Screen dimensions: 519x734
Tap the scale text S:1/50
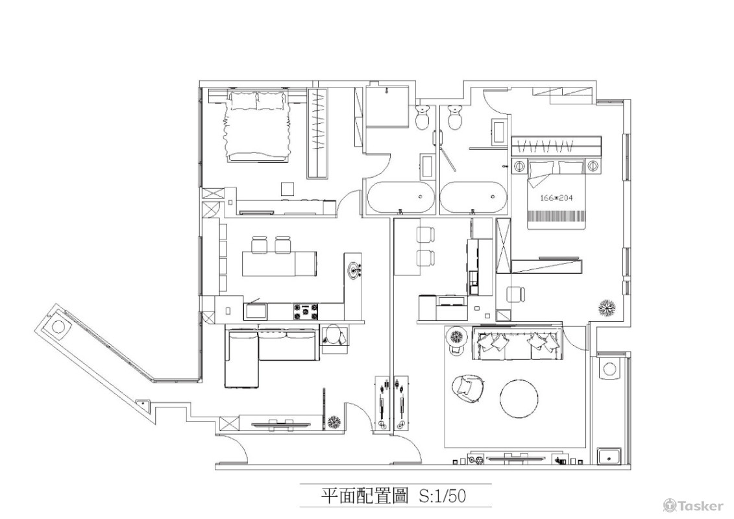coord(443,496)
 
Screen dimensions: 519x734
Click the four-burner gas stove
coord(306,312)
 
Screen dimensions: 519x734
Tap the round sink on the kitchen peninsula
coord(354,269)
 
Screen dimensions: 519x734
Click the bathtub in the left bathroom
coord(400,198)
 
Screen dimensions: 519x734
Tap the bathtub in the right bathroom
coord(472,198)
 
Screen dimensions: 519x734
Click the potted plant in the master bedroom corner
coord(608,307)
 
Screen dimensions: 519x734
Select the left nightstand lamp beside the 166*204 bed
coord(519,166)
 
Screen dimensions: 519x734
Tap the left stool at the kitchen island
coord(260,245)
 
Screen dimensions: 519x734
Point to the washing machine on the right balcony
coord(609,369)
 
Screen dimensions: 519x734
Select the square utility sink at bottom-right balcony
coord(609,457)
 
